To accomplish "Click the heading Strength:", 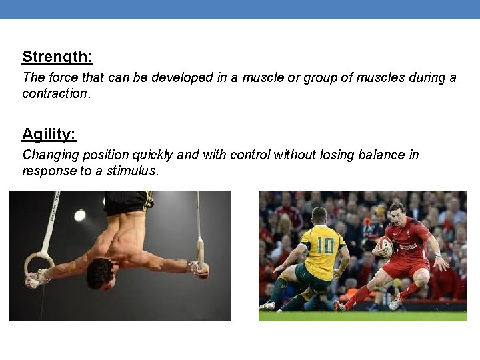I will click(x=57, y=57).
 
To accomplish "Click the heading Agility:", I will click(x=49, y=135).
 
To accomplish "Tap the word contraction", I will click(x=55, y=93).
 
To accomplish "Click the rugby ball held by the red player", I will click(x=385, y=247).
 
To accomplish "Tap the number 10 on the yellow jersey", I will click(x=325, y=245).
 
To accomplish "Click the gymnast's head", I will click(x=101, y=273).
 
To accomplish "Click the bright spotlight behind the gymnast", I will click(x=80, y=215).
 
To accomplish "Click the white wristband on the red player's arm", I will click(x=437, y=254).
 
